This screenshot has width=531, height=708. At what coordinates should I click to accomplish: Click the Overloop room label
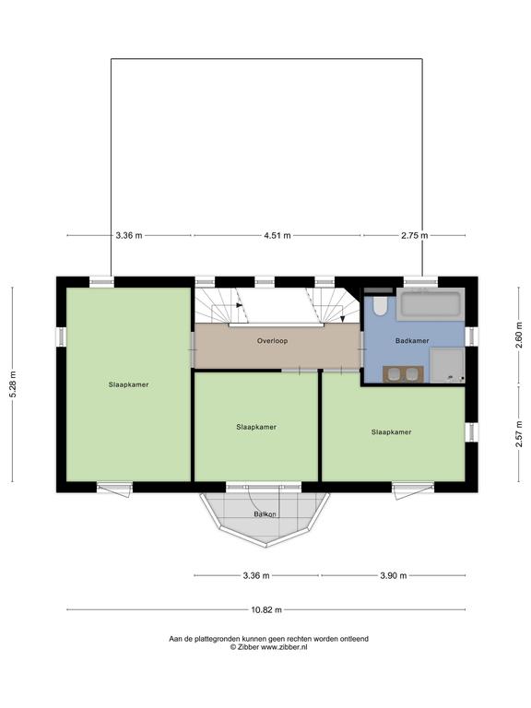click(x=272, y=341)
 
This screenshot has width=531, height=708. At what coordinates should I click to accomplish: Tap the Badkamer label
click(x=412, y=341)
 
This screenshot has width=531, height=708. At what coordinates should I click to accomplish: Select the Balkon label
click(x=265, y=514)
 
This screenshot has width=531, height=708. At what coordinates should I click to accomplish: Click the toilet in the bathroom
click(x=380, y=305)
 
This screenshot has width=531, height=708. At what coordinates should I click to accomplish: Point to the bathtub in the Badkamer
click(x=431, y=304)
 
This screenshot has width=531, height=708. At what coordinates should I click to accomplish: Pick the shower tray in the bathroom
click(x=447, y=365)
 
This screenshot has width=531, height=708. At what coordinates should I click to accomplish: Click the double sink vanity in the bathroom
click(x=403, y=374)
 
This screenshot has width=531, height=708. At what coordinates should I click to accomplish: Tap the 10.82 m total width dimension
click(x=266, y=609)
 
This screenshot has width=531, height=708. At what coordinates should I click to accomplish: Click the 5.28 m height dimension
click(x=13, y=383)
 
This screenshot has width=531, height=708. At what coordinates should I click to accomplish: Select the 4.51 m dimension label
click(x=277, y=235)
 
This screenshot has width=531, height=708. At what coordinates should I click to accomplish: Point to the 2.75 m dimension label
click(x=415, y=235)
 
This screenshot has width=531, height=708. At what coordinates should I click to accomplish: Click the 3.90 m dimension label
click(x=394, y=575)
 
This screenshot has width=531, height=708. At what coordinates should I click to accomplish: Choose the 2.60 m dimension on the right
click(x=519, y=335)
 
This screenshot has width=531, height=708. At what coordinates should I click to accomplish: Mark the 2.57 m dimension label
click(x=519, y=433)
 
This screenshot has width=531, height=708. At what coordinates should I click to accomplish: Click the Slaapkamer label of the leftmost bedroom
click(x=129, y=384)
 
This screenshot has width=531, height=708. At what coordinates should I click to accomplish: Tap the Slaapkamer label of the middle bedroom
click(x=256, y=427)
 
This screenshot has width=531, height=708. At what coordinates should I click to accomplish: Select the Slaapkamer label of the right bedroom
click(x=392, y=432)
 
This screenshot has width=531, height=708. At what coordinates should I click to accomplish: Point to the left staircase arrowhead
click(x=240, y=305)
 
